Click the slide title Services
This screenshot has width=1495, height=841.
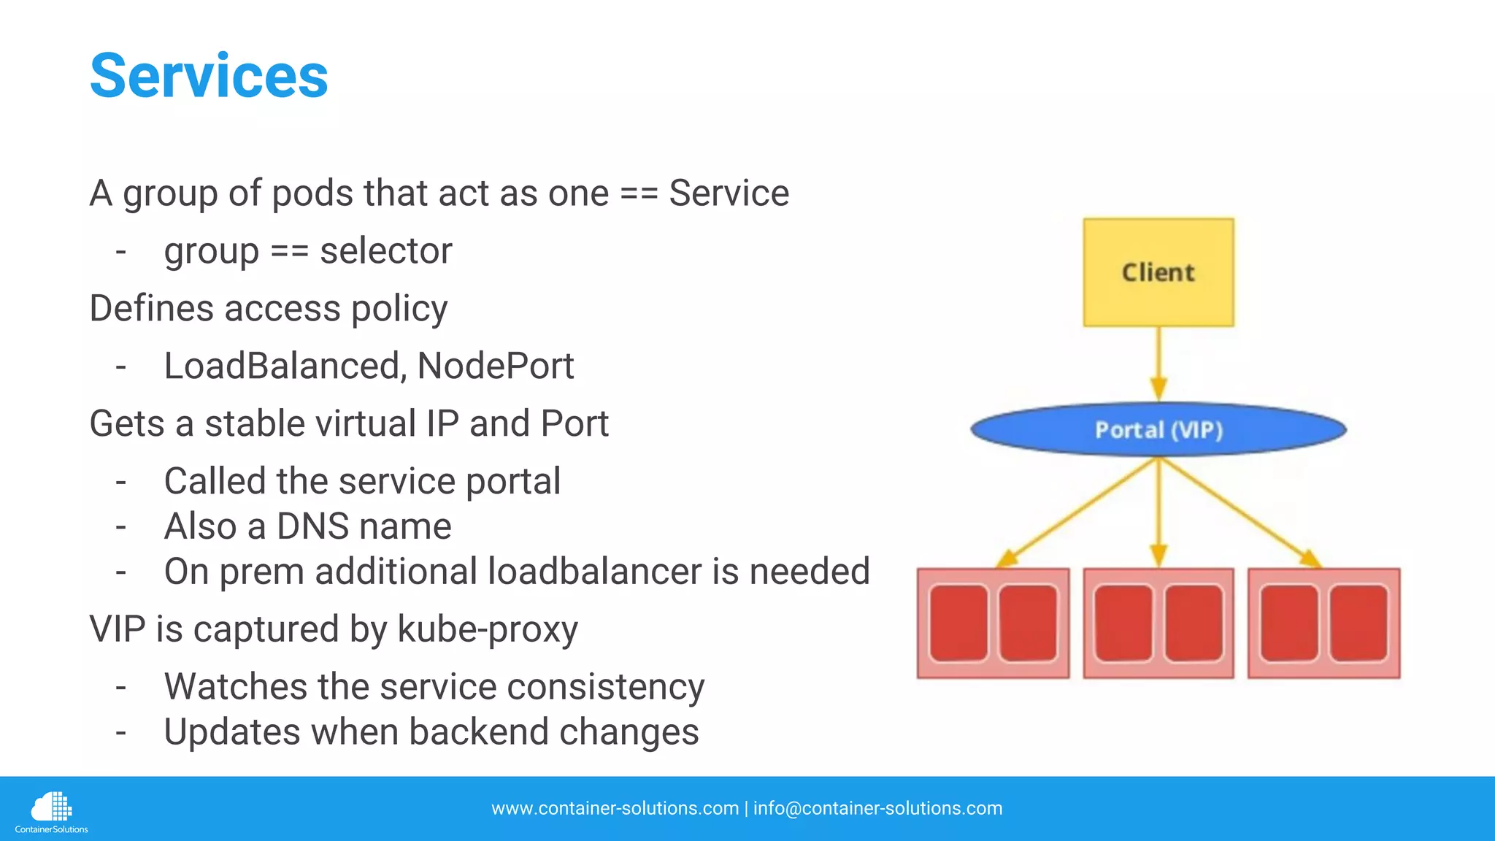tap(209, 76)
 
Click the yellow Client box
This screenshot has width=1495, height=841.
tap(1158, 272)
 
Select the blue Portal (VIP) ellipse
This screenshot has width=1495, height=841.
tap(1158, 430)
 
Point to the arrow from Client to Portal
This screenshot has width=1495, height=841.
tap(1158, 361)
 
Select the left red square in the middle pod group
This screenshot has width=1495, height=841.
tap(1124, 623)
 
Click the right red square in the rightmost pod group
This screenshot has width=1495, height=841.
tap(1358, 623)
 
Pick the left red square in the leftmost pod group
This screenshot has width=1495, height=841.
tap(958, 623)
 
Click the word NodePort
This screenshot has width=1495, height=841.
tap(495, 366)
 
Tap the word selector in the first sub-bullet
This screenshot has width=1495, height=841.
tap(385, 251)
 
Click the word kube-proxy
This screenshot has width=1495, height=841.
tap(487, 629)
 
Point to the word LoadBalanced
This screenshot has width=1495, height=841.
tap(283, 366)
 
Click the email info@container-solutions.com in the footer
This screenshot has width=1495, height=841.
tap(877, 808)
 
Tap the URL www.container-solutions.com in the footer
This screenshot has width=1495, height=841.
tap(615, 808)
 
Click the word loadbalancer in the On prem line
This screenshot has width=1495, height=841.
tap(594, 572)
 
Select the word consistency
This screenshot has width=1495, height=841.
tap(605, 687)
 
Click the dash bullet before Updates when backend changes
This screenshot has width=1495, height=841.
tap(121, 732)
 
